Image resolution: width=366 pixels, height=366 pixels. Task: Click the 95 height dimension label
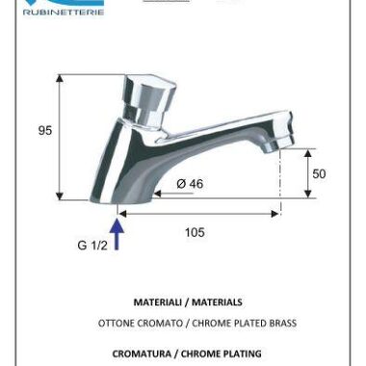pyautogui.click(x=45, y=130)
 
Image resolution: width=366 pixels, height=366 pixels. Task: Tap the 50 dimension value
pyautogui.click(x=319, y=173)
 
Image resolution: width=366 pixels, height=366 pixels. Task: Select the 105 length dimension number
pyautogui.click(x=195, y=232)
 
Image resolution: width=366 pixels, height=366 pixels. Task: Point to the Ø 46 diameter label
pyautogui.click(x=190, y=184)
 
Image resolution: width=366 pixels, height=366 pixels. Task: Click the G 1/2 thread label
pyautogui.click(x=92, y=246)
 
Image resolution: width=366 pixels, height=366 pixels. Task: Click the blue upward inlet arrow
pyautogui.click(x=118, y=234)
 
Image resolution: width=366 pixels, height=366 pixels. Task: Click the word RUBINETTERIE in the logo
pyautogui.click(x=64, y=13)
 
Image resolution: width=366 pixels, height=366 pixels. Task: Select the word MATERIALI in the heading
pyautogui.click(x=157, y=302)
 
